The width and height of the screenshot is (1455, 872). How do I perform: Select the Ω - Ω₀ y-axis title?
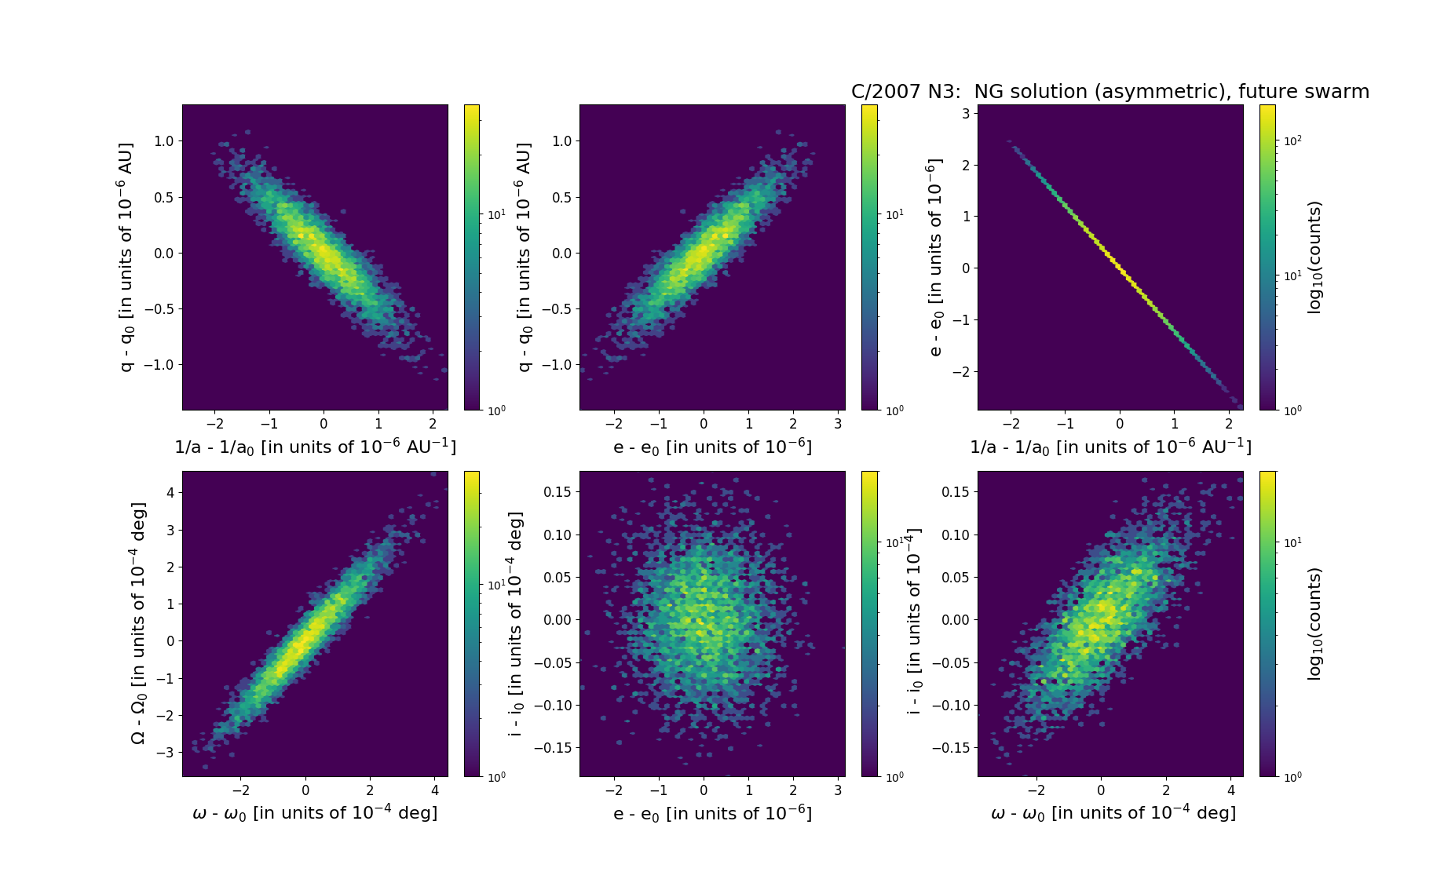pos(138,623)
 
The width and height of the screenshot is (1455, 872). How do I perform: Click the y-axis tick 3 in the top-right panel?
pos(965,113)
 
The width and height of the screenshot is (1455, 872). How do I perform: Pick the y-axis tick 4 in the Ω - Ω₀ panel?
pos(170,493)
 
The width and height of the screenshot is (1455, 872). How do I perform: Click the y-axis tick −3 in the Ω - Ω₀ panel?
pos(166,752)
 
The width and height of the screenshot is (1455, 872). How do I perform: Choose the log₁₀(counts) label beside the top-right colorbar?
pos(1315,257)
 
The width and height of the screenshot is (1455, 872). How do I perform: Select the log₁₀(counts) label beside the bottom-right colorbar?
pos(1315,624)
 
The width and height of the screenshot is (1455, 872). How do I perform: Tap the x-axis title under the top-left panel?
pos(315,447)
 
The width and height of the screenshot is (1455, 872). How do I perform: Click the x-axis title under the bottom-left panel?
pos(315,813)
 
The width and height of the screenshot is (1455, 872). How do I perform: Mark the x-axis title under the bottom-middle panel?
pos(712,813)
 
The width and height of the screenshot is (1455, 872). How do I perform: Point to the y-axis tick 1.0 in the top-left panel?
pos(163,141)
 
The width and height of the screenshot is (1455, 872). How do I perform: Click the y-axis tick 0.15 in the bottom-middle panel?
pos(557,492)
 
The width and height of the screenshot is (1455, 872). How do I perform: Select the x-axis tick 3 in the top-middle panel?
pos(838,424)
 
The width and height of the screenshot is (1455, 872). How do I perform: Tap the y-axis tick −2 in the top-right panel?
pos(961,371)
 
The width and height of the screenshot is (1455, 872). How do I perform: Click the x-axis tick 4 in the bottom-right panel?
pos(1231,790)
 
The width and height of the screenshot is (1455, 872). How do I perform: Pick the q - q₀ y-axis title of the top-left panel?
pos(126,257)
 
